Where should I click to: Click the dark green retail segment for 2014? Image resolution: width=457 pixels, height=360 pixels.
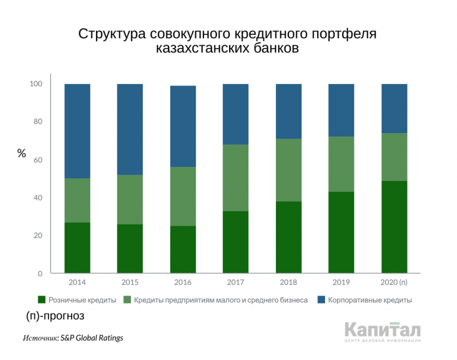(77, 247)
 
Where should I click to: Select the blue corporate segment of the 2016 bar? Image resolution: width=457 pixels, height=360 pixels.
(183, 126)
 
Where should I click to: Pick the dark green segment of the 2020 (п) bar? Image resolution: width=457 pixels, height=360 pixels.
(394, 227)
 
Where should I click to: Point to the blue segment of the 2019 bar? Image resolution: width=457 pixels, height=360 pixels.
(341, 110)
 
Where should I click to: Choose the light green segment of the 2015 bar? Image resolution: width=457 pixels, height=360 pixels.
(130, 199)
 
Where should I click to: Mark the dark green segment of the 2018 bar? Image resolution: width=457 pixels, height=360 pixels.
(288, 237)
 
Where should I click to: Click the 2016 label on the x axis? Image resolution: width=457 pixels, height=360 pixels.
(183, 282)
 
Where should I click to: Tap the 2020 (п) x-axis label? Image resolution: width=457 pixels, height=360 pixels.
(394, 282)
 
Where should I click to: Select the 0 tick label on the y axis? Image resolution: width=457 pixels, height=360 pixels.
(40, 274)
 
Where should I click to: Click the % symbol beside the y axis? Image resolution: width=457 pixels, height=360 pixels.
(22, 153)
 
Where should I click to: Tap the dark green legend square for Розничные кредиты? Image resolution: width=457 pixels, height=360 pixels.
(41, 299)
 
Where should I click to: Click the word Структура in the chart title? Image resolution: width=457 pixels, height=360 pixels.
(111, 34)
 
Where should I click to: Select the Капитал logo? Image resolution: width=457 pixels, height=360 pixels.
(383, 332)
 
